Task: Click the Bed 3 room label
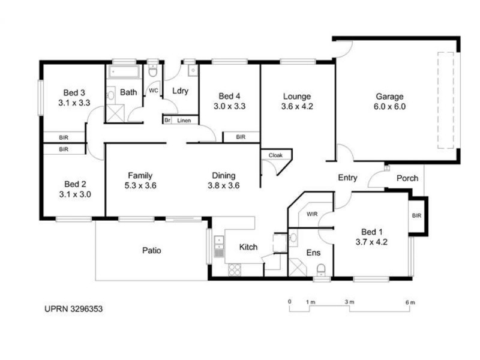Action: click(x=75, y=92)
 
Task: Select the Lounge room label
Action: click(x=297, y=96)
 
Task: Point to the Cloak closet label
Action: click(x=275, y=155)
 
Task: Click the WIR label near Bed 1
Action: click(x=312, y=214)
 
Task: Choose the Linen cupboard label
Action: click(x=184, y=120)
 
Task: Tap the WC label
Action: click(x=153, y=91)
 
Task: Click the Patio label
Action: click(x=152, y=250)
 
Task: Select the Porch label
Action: click(x=407, y=178)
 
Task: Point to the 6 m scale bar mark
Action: click(x=410, y=301)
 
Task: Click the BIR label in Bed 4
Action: click(x=241, y=137)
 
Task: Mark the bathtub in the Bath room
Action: click(x=124, y=73)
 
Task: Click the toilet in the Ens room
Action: click(x=322, y=268)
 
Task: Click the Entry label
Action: click(x=347, y=178)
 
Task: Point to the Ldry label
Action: click(x=181, y=91)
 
